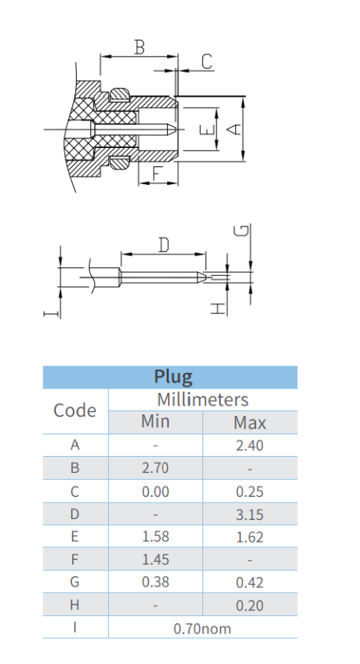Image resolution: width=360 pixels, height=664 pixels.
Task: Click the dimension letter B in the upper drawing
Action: point(139,46)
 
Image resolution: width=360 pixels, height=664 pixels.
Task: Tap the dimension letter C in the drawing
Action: point(206,62)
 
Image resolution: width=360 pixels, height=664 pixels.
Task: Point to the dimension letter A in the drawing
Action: point(234,129)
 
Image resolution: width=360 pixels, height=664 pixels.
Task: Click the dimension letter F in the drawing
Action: point(158,174)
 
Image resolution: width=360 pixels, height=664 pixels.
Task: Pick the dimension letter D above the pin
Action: point(164,245)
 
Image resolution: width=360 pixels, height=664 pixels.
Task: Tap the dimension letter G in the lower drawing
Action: point(242,230)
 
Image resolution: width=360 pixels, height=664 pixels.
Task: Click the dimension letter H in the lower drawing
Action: point(218,308)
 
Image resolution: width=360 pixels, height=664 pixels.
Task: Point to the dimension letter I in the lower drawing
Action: point(51,314)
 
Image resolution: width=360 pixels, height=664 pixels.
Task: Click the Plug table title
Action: point(174,377)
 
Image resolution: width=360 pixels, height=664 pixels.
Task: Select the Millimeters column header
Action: point(203,400)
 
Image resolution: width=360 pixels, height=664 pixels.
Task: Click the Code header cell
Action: point(75,410)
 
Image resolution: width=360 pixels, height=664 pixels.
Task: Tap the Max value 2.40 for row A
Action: point(250,446)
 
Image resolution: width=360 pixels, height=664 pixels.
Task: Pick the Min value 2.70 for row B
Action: point(155,468)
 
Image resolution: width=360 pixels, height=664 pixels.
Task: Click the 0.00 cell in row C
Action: point(155,491)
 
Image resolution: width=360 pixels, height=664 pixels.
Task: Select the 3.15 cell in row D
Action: point(250,514)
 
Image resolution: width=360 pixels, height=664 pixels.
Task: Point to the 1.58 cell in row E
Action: point(155,537)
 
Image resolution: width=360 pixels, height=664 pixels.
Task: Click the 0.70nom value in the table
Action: point(202,629)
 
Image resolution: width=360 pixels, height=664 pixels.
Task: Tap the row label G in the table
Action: point(74,582)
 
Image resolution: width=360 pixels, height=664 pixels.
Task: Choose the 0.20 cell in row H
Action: point(250,606)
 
